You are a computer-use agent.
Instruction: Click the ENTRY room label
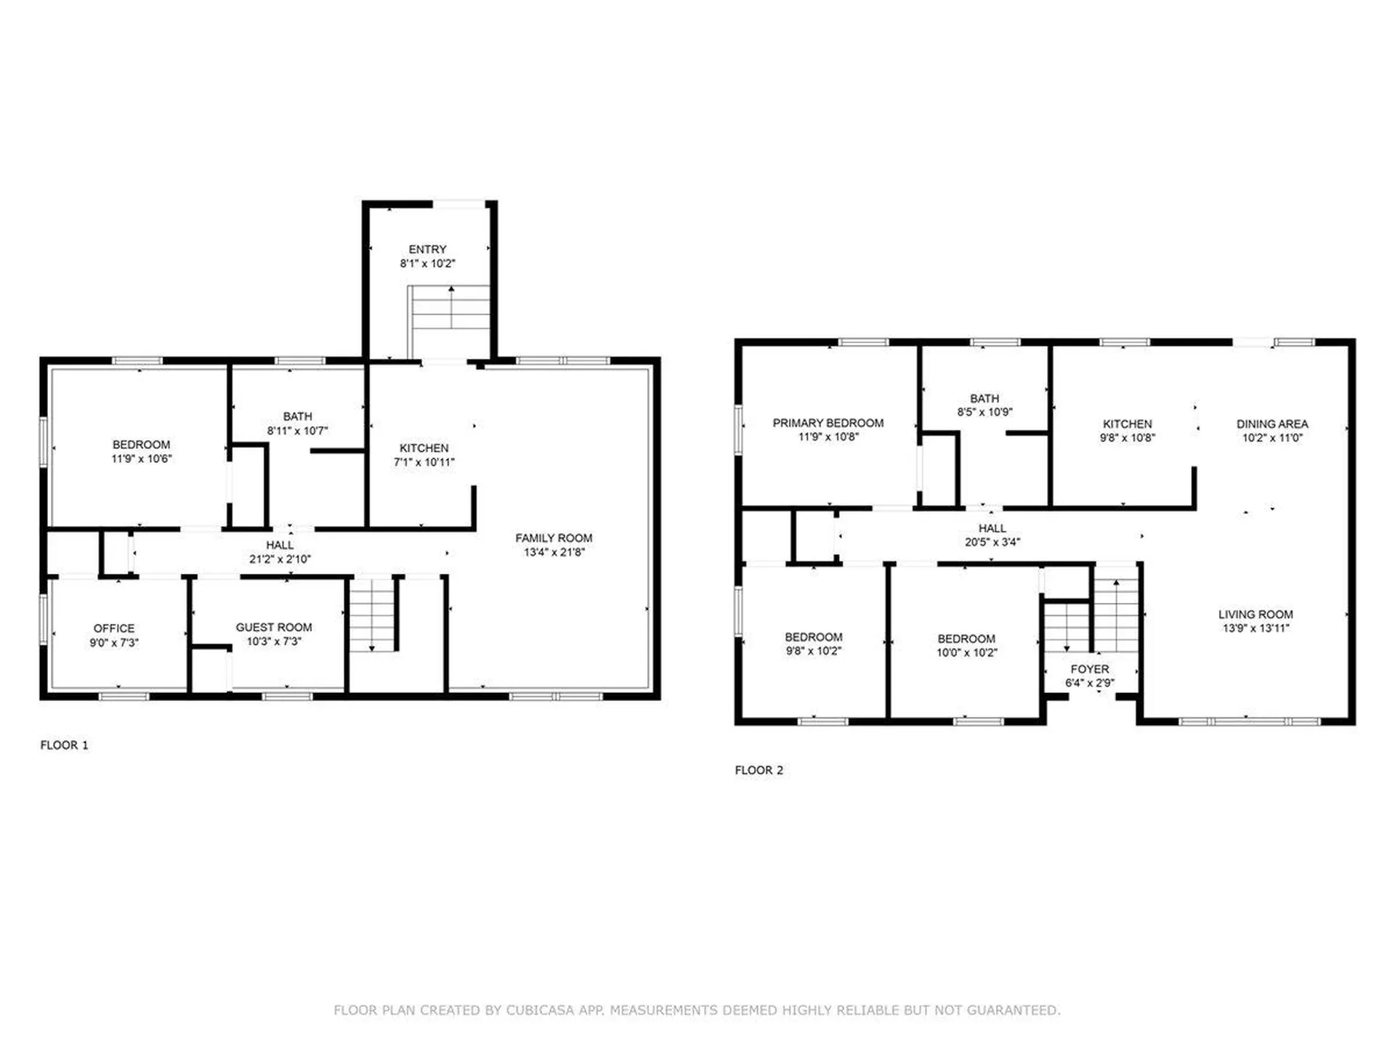427,249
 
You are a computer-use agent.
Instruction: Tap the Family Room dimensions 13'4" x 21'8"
554,552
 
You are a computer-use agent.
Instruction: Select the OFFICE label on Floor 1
114,628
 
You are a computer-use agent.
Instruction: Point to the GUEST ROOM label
274,627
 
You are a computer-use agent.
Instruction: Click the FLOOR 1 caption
64,745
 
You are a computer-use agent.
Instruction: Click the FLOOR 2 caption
759,770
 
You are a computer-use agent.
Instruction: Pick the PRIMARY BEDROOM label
828,423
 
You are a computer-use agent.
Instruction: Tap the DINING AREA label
1272,423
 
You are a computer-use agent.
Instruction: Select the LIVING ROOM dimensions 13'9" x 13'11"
1256,628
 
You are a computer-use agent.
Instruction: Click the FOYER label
1090,669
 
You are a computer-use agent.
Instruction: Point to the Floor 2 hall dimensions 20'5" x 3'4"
992,542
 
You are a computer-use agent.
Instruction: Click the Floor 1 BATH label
298,416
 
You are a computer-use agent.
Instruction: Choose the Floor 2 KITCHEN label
1128,423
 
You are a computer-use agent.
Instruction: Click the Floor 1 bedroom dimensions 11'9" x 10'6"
142,458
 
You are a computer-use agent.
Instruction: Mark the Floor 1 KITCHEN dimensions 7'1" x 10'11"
424,462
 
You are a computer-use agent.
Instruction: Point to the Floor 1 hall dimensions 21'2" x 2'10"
280,559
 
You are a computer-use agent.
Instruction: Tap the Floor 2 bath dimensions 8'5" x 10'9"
985,412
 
